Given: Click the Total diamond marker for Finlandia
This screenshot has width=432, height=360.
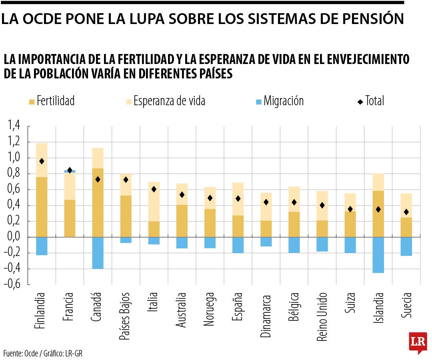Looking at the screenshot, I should coord(42,161).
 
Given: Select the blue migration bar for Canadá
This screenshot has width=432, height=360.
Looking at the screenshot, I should coord(98,253).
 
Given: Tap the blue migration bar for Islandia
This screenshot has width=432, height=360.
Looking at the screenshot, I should coord(378,255).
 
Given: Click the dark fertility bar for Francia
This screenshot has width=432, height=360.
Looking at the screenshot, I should coord(70,218).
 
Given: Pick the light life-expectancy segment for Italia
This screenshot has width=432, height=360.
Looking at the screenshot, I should coord(154,202).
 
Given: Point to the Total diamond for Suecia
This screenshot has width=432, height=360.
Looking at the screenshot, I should coord(406,212).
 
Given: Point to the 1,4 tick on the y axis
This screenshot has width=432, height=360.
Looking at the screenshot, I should coord(14,126).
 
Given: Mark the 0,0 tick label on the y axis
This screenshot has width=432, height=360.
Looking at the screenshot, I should coord(14,237).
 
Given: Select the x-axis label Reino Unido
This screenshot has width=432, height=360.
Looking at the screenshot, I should coord(322,316).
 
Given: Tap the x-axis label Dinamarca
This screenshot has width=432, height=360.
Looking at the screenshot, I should coord(266,316).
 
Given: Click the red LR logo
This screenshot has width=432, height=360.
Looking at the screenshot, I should coord(418,342).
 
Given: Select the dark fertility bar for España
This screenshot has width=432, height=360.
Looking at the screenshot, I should coord(238,226).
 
